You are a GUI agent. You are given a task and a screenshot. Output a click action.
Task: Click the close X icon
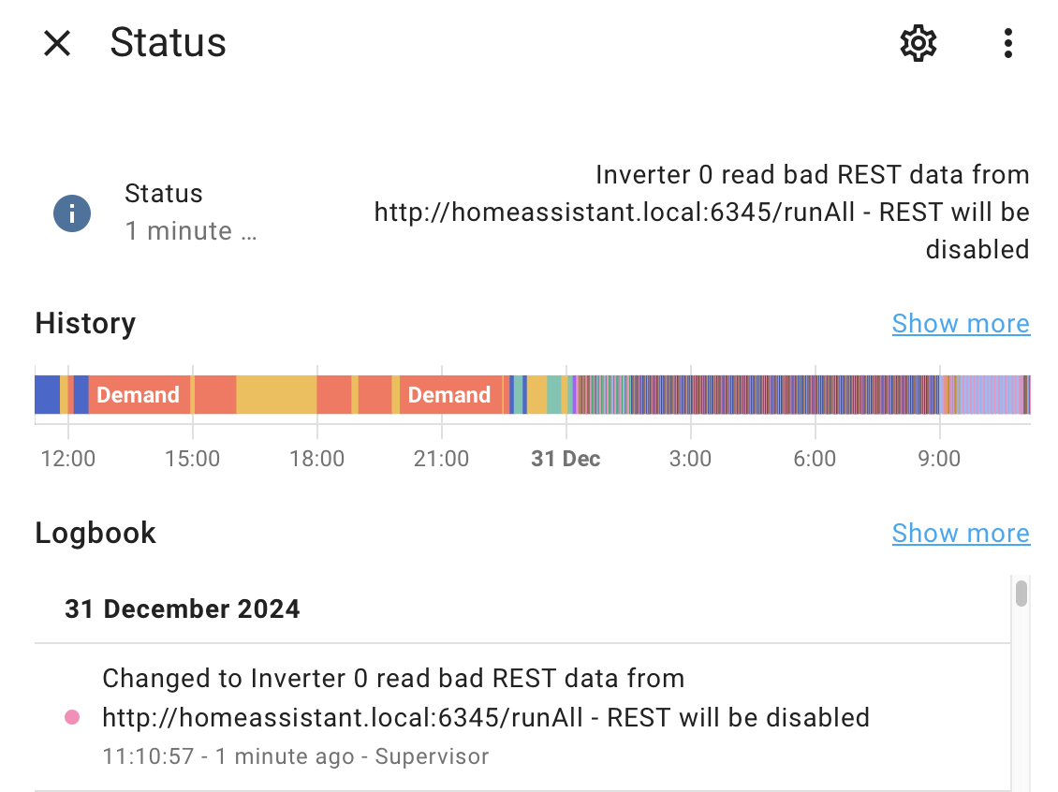point(57,44)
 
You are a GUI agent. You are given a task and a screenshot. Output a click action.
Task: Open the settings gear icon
point(918,44)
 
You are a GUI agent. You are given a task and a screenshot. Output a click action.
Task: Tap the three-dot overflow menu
point(1008,44)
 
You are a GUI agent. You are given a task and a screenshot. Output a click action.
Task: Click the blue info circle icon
point(72,213)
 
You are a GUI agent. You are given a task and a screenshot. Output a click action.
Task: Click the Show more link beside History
point(961,324)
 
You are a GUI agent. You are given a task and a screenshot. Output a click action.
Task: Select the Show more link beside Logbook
point(961,533)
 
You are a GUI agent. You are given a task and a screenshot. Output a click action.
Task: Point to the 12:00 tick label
point(68,459)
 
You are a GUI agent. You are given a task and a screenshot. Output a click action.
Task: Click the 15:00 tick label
point(193,459)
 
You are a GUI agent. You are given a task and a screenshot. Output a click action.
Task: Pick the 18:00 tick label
point(317,459)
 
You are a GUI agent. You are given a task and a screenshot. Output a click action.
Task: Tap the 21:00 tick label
point(441,459)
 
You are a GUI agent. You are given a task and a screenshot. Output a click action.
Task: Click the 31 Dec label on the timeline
point(566,459)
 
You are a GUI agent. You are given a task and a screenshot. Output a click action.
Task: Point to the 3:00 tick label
point(690,459)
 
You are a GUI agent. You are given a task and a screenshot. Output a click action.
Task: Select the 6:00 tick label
point(816,459)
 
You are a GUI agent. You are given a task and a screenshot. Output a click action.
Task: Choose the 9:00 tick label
point(939,459)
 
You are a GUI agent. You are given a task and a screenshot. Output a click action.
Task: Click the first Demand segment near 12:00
point(139,395)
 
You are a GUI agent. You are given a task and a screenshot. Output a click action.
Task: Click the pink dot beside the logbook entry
point(72,717)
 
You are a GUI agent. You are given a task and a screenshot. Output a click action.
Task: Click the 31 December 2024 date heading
point(183,609)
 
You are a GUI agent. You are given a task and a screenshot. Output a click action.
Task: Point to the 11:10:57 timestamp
point(148,756)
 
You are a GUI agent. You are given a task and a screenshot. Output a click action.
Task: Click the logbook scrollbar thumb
point(1021,594)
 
